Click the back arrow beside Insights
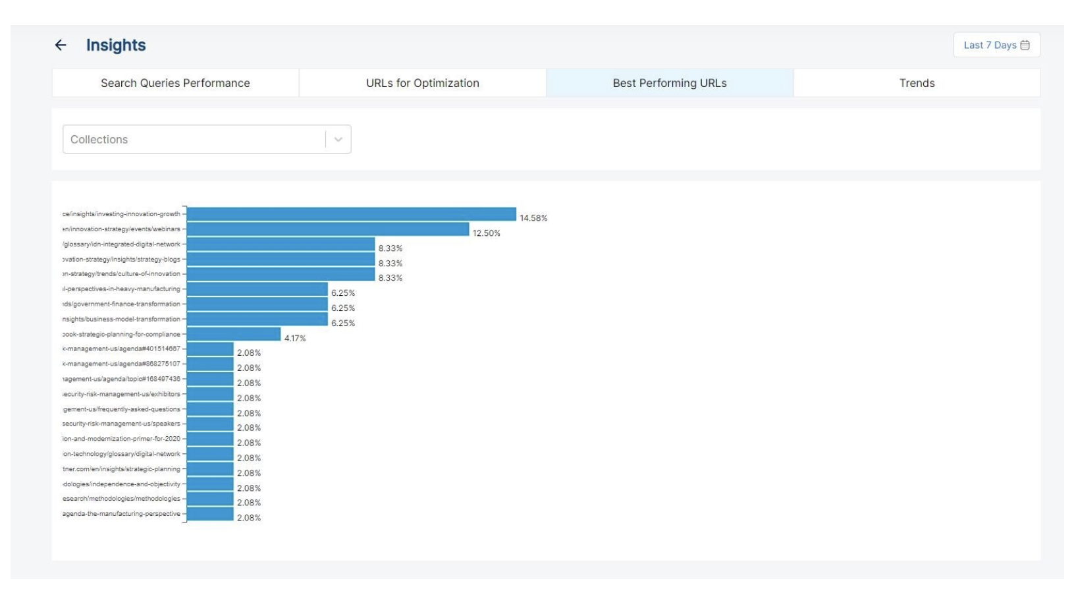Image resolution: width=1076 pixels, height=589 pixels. (x=61, y=45)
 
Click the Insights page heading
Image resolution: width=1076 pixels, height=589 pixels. (x=116, y=45)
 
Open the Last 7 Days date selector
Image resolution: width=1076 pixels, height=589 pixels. (x=996, y=45)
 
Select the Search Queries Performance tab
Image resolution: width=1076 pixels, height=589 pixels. (x=175, y=83)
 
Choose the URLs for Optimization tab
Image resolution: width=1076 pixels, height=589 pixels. (x=422, y=83)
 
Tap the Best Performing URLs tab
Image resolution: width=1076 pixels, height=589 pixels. (x=669, y=83)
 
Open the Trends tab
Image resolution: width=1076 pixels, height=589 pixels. (x=917, y=83)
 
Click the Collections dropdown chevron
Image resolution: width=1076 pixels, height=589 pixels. (x=338, y=140)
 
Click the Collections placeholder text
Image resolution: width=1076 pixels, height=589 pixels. (x=99, y=140)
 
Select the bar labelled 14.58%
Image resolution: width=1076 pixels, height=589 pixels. (x=351, y=214)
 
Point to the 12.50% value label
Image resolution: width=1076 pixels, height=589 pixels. (x=486, y=233)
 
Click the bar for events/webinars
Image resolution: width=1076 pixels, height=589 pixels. (x=327, y=229)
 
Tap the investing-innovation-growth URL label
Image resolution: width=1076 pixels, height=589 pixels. (x=122, y=214)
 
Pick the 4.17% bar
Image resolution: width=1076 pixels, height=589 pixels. (x=233, y=334)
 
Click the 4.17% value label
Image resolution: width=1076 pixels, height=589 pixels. (x=295, y=339)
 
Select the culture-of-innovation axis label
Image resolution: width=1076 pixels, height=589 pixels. (x=122, y=274)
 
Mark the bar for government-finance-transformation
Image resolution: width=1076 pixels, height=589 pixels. (x=257, y=304)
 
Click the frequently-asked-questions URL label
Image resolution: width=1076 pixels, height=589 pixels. (x=122, y=409)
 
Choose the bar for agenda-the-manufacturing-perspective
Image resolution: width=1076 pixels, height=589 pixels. (x=210, y=514)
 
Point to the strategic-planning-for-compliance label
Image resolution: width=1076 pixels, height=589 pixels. (x=122, y=334)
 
